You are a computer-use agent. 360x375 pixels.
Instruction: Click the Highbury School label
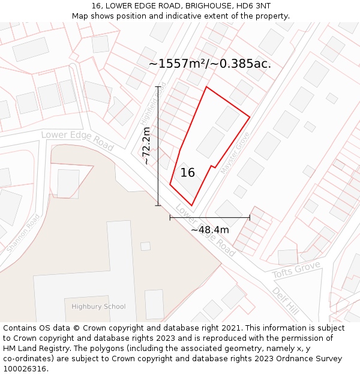98,307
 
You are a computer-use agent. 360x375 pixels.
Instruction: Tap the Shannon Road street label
23,233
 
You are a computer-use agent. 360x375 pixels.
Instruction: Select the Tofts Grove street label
296,270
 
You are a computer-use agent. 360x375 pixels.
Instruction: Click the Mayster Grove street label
235,153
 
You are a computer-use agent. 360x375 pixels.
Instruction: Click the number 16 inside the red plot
188,173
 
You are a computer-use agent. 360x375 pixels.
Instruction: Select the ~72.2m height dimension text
146,146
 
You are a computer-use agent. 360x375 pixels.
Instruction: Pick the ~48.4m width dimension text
209,230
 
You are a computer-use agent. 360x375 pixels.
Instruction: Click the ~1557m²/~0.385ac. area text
209,64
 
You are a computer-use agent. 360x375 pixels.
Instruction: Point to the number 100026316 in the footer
25,369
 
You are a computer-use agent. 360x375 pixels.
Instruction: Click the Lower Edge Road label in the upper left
77,140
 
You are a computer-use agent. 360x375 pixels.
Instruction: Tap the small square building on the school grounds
145,246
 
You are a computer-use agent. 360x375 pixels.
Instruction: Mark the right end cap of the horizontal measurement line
250,218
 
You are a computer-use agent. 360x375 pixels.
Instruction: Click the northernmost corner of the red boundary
206,87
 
